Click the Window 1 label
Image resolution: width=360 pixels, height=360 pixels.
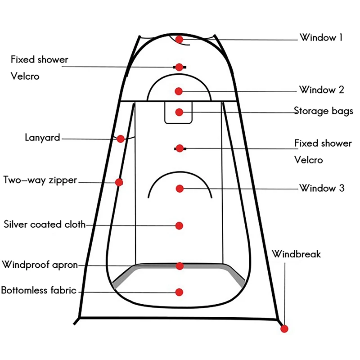(321, 38)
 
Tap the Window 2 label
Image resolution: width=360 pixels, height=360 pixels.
(322, 90)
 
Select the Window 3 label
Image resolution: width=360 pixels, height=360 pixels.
(322, 188)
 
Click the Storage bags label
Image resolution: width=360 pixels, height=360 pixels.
(324, 111)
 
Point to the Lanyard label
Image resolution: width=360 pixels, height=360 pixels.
(42, 138)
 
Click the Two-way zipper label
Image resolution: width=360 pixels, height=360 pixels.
(40, 180)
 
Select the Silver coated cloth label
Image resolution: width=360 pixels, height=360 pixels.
(45, 224)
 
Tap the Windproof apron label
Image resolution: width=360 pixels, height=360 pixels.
(40, 264)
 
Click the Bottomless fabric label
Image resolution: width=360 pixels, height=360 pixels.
(39, 290)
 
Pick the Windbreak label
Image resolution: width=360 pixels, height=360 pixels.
(296, 254)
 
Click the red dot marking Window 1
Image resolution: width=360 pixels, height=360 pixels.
(180, 40)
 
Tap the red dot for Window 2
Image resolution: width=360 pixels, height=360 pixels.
(179, 91)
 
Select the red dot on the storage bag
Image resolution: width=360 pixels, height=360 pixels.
(179, 112)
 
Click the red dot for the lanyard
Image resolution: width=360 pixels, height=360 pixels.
(121, 139)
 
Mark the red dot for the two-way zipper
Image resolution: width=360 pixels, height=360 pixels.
(119, 182)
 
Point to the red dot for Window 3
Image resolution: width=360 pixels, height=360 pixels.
(180, 189)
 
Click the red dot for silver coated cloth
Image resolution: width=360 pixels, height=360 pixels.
(179, 225)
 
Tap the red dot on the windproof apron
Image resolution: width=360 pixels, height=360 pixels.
(180, 266)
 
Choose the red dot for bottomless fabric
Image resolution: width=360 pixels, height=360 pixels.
(179, 292)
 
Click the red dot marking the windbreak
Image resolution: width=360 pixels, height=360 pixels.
(284, 329)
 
